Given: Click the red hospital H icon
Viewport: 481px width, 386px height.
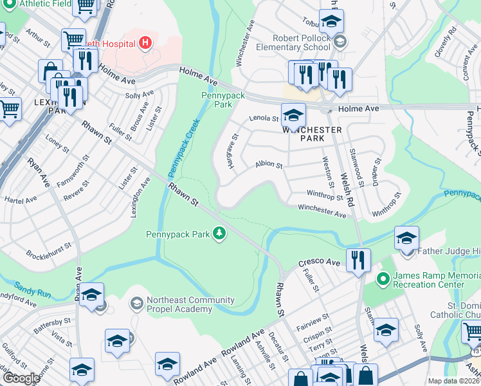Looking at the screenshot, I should coord(146,44).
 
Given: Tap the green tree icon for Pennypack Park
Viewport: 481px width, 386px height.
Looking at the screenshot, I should coord(219,234).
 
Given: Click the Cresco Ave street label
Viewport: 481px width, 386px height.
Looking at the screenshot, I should coord(318,263).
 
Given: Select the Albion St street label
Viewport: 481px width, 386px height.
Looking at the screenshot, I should coord(269,165).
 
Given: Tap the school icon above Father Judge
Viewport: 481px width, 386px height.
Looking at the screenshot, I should coord(406,237).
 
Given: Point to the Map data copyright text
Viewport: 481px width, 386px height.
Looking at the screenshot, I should coord(453,381).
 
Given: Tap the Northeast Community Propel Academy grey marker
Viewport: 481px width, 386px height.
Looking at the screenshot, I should coord(136,302).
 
